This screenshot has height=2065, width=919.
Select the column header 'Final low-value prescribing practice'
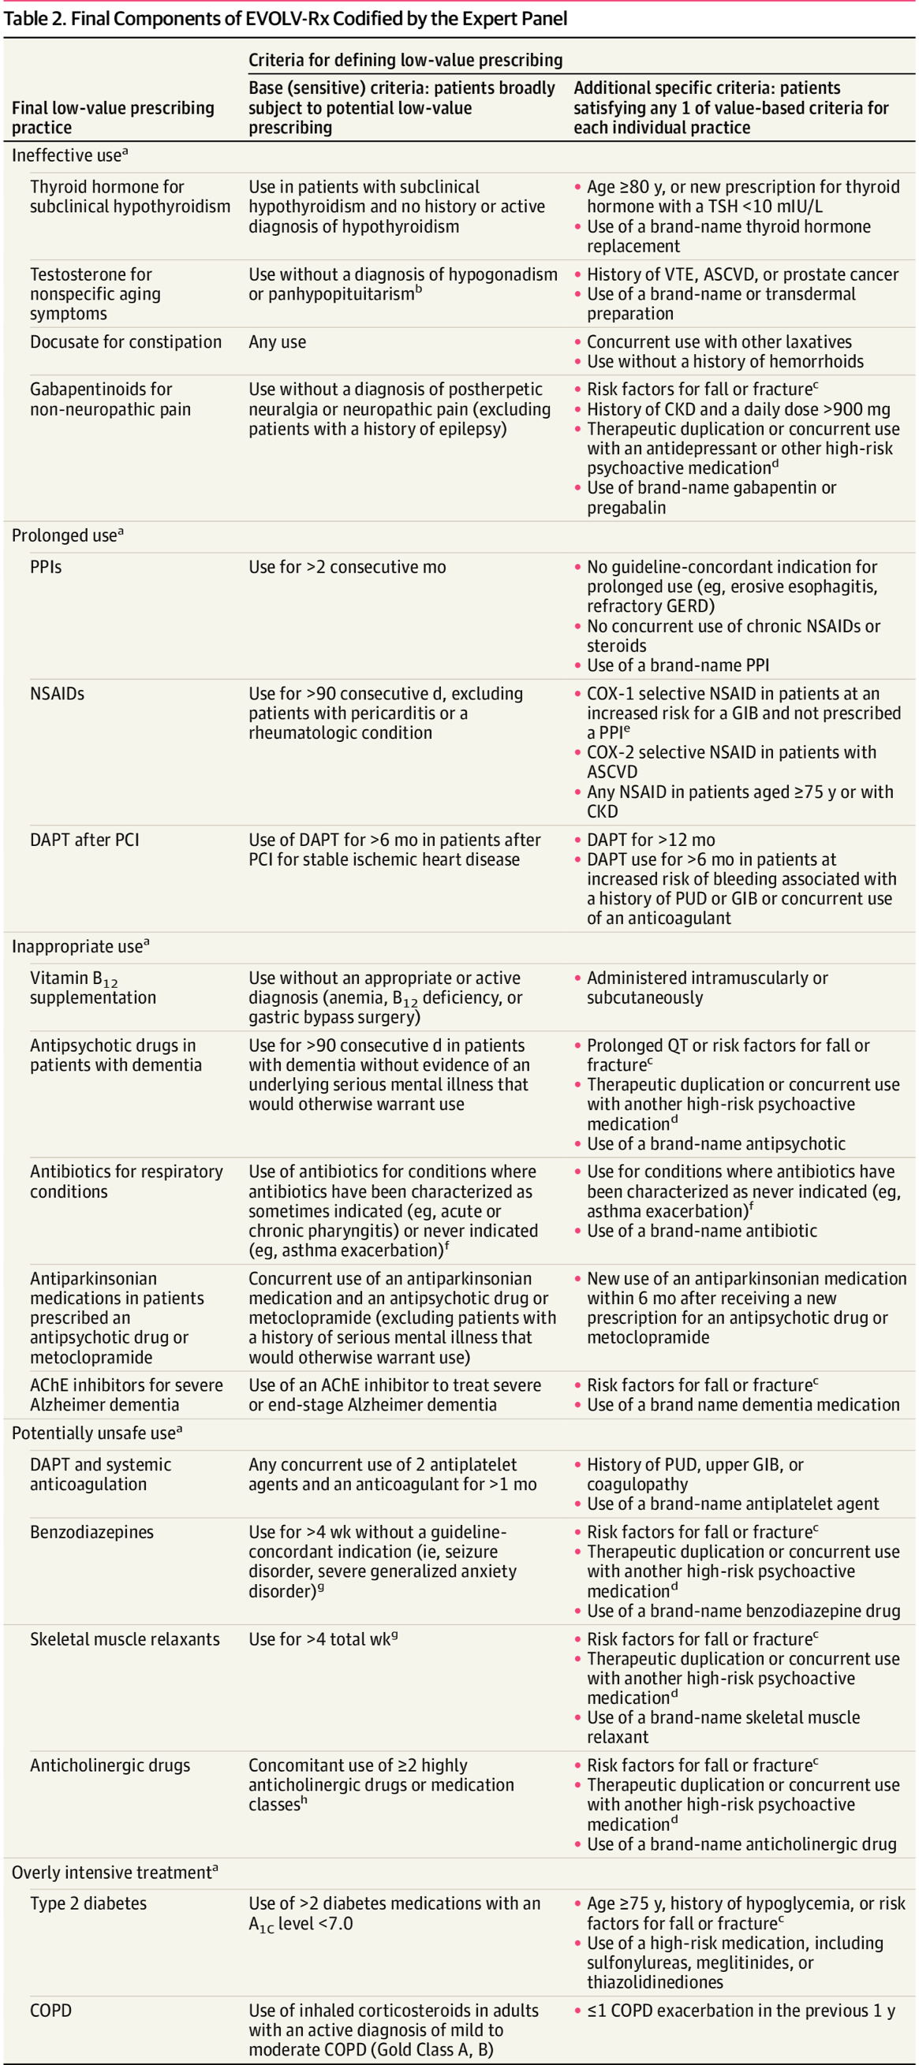click(112, 117)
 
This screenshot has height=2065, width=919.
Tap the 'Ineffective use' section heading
click(69, 155)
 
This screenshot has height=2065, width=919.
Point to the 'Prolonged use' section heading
click(67, 535)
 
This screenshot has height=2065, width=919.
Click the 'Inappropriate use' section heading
click(80, 947)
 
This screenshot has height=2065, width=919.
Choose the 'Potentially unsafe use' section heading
click(96, 1433)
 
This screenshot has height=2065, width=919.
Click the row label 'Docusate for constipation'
click(126, 341)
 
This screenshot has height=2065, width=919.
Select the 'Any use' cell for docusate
click(277, 341)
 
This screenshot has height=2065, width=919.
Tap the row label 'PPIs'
click(46, 567)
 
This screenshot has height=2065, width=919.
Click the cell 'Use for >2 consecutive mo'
click(346, 567)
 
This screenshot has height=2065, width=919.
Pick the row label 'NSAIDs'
click(57, 693)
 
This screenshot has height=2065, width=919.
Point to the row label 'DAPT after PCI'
click(84, 839)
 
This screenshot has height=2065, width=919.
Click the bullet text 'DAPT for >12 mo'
click(650, 839)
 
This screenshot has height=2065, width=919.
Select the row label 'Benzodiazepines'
click(92, 1532)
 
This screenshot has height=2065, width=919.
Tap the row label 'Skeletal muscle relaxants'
click(125, 1638)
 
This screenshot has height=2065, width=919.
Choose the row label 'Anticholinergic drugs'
click(110, 1765)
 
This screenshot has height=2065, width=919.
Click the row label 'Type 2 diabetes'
click(88, 1903)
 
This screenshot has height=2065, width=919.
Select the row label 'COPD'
click(50, 2011)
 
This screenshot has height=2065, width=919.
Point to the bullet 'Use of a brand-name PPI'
click(678, 665)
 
